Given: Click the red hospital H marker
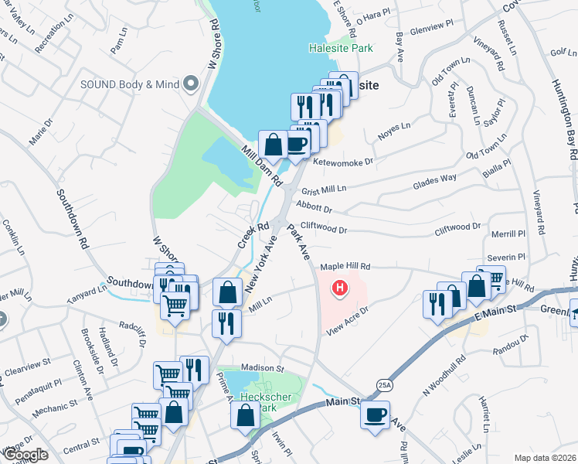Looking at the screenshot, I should click(x=338, y=289).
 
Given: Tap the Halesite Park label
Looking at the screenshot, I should click(x=341, y=48).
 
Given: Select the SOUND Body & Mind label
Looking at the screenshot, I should click(x=129, y=84).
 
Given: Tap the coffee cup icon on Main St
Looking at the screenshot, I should click(x=376, y=414).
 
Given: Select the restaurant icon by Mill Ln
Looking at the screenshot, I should click(x=226, y=322).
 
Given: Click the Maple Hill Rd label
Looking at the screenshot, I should click(x=342, y=266).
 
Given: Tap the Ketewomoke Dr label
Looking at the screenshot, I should click(x=343, y=162).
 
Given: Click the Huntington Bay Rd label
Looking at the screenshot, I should click(x=567, y=109).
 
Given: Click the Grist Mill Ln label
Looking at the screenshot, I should click(x=324, y=189).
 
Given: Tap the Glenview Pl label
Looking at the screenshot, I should click(x=430, y=26).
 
